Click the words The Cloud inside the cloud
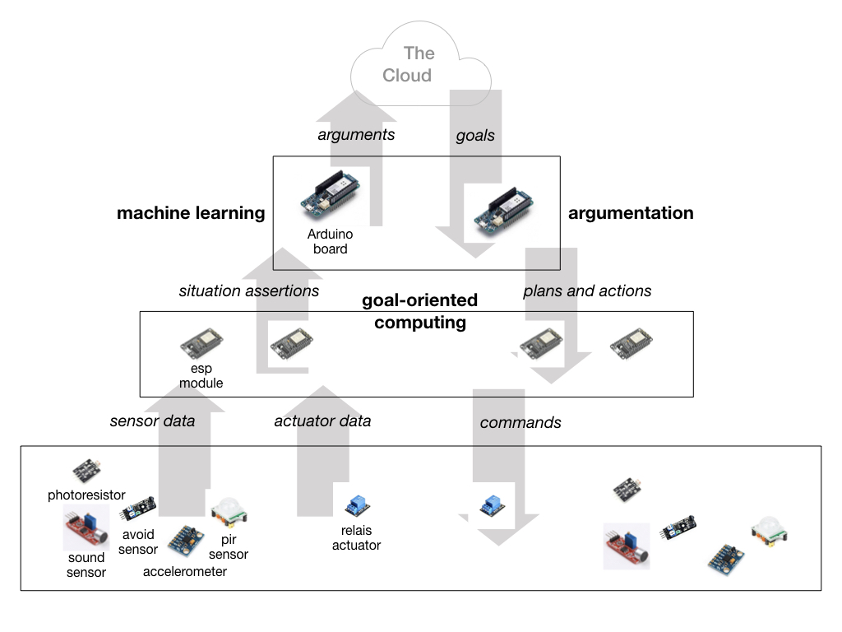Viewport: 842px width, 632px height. tap(409, 64)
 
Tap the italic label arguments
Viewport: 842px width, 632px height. tap(356, 134)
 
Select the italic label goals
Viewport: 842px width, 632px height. tap(475, 135)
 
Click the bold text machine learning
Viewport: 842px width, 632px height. tap(191, 213)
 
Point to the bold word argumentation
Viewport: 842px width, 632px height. tap(631, 213)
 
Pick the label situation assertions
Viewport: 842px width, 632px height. tap(249, 290)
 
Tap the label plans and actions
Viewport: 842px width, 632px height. tap(587, 290)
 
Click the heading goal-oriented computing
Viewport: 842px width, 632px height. tap(419, 311)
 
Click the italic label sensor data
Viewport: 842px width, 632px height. tap(152, 421)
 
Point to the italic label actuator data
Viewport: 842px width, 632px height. tap(322, 421)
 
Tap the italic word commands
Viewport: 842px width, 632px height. tap(520, 422)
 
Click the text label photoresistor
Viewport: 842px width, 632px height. tap(86, 495)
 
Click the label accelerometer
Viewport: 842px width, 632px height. tap(185, 571)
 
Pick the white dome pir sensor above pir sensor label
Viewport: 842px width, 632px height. tap(229, 514)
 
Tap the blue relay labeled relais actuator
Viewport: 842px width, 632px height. tap(357, 505)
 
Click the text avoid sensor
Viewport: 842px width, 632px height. tap(136, 541)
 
